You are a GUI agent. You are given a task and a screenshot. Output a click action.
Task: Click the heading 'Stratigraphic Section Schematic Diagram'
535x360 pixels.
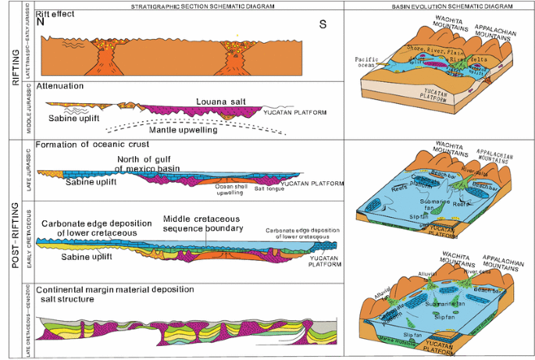(187, 6)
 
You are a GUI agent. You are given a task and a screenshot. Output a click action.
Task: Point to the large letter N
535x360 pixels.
(51, 23)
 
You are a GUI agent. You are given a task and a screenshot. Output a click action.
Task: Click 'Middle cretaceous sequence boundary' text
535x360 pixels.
(205, 223)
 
